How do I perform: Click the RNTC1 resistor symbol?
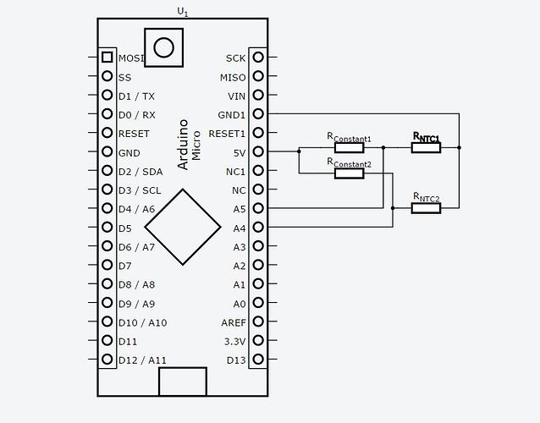(x=426, y=147)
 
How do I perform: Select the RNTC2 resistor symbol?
(x=426, y=208)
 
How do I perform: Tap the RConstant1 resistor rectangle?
(x=349, y=147)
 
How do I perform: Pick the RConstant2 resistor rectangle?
(x=349, y=173)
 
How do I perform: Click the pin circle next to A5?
(x=258, y=208)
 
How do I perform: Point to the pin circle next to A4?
(x=258, y=228)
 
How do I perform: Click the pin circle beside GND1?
(x=258, y=113)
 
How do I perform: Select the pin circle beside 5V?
(x=258, y=152)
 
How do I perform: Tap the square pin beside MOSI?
(x=107, y=58)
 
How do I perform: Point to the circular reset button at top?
(x=163, y=47)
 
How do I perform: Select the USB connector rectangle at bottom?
(x=182, y=381)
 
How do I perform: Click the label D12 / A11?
(x=143, y=360)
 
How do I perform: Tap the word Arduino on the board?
(x=184, y=144)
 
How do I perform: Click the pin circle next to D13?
(x=258, y=360)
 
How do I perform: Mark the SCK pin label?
(x=235, y=58)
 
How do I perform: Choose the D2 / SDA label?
(x=141, y=172)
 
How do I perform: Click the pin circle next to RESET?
(x=107, y=133)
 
